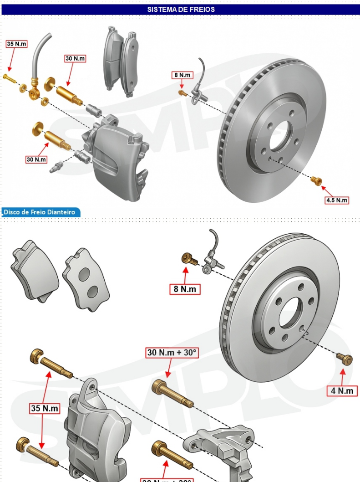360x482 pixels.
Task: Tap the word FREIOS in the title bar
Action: pyautogui.click(x=203, y=9)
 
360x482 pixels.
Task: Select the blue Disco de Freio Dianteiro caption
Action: pyautogui.click(x=40, y=212)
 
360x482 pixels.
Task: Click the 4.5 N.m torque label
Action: pyautogui.click(x=336, y=200)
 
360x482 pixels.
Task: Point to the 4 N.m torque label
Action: pyautogui.click(x=342, y=390)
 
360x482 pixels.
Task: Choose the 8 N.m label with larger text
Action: pyautogui.click(x=185, y=289)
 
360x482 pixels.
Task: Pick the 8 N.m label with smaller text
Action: pyautogui.click(x=182, y=75)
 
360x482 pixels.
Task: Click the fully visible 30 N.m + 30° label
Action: pyautogui.click(x=172, y=352)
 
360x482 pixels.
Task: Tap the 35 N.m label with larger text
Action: pyautogui.click(x=45, y=408)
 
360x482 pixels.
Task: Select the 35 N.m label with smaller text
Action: pyautogui.click(x=16, y=44)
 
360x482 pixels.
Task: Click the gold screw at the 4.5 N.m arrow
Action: pyautogui.click(x=316, y=180)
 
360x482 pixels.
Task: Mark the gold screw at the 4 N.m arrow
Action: pyautogui.click(x=345, y=359)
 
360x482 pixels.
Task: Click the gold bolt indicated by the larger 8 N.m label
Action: pyautogui.click(x=189, y=259)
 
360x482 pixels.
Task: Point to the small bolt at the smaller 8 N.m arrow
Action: pyautogui.click(x=183, y=92)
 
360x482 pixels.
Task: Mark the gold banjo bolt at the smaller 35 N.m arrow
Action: pyautogui.click(x=8, y=77)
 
